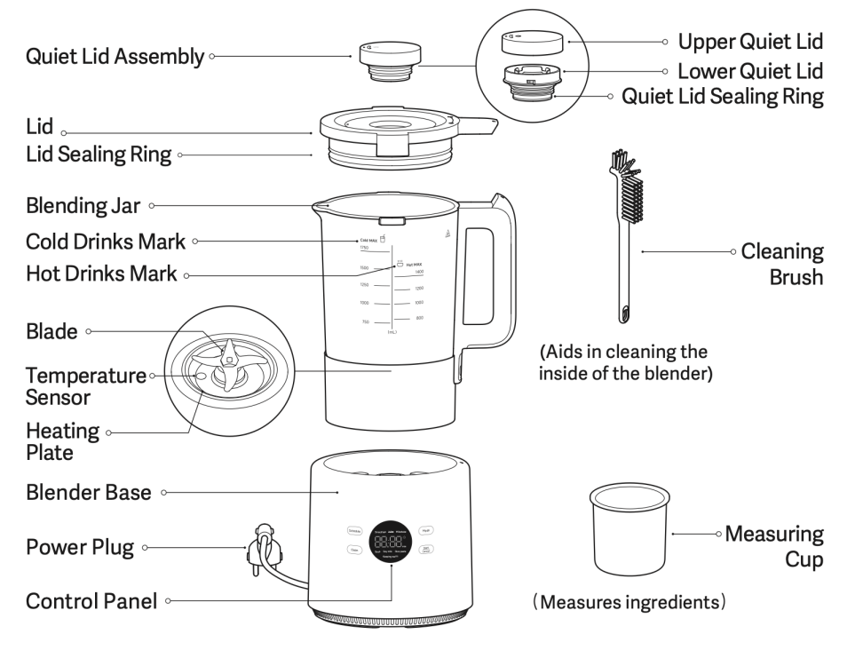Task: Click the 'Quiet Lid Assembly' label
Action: click(x=115, y=57)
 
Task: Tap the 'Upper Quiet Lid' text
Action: click(x=750, y=42)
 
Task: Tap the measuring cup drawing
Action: click(x=629, y=532)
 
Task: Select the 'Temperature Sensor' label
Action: click(x=85, y=386)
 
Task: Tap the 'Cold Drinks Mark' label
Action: click(x=105, y=241)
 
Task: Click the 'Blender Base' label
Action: click(x=89, y=492)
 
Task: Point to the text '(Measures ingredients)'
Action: click(x=629, y=603)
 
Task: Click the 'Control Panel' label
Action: click(x=91, y=601)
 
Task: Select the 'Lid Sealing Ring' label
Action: click(x=98, y=155)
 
